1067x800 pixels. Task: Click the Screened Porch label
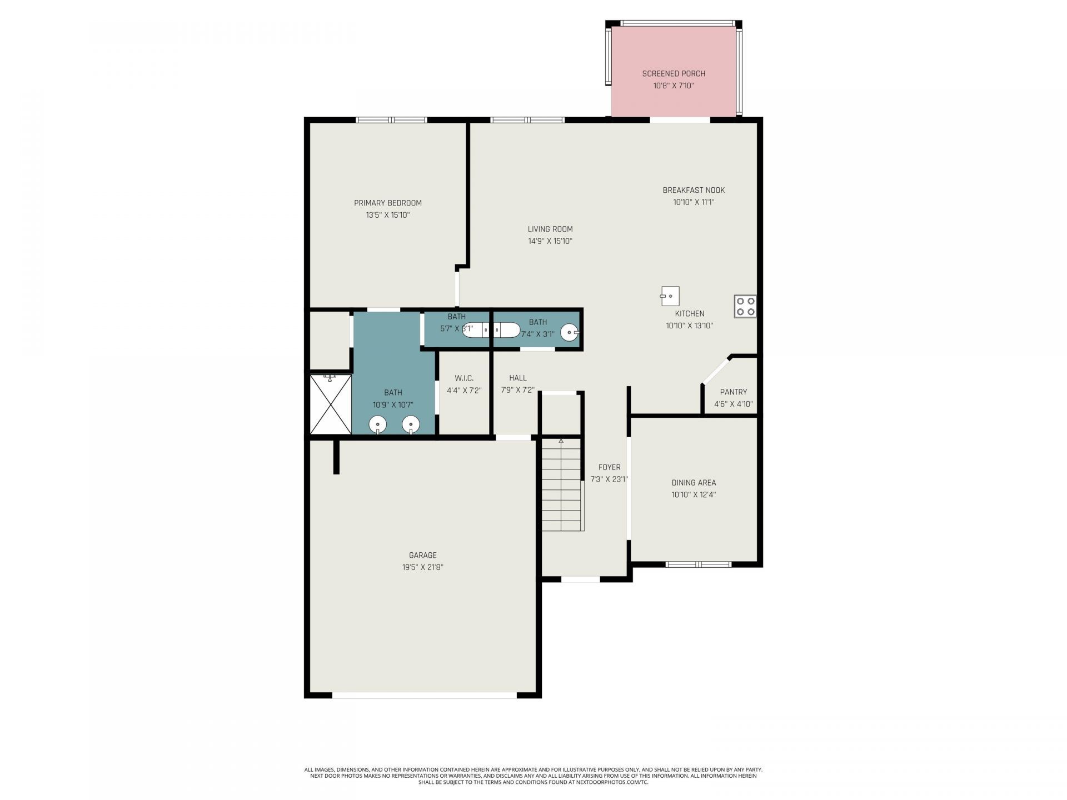(674, 73)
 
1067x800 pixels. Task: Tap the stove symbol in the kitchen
(745, 306)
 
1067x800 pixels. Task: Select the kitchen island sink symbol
(670, 296)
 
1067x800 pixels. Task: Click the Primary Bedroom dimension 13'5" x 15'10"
(388, 215)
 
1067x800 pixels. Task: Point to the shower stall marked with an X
(331, 404)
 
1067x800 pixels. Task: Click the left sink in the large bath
(378, 425)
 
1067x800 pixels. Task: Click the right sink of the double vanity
(411, 425)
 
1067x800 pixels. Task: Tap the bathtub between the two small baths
(491, 331)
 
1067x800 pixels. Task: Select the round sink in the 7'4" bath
(570, 332)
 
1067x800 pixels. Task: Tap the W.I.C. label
(464, 378)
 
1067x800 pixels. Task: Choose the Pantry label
(734, 392)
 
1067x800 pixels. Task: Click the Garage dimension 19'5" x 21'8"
(423, 567)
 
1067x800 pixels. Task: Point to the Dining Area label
(694, 482)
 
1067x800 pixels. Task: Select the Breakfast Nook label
(694, 190)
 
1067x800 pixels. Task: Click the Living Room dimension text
(550, 241)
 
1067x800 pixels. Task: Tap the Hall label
(517, 378)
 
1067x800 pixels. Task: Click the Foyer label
(609, 467)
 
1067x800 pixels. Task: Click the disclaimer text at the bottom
(533, 776)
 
